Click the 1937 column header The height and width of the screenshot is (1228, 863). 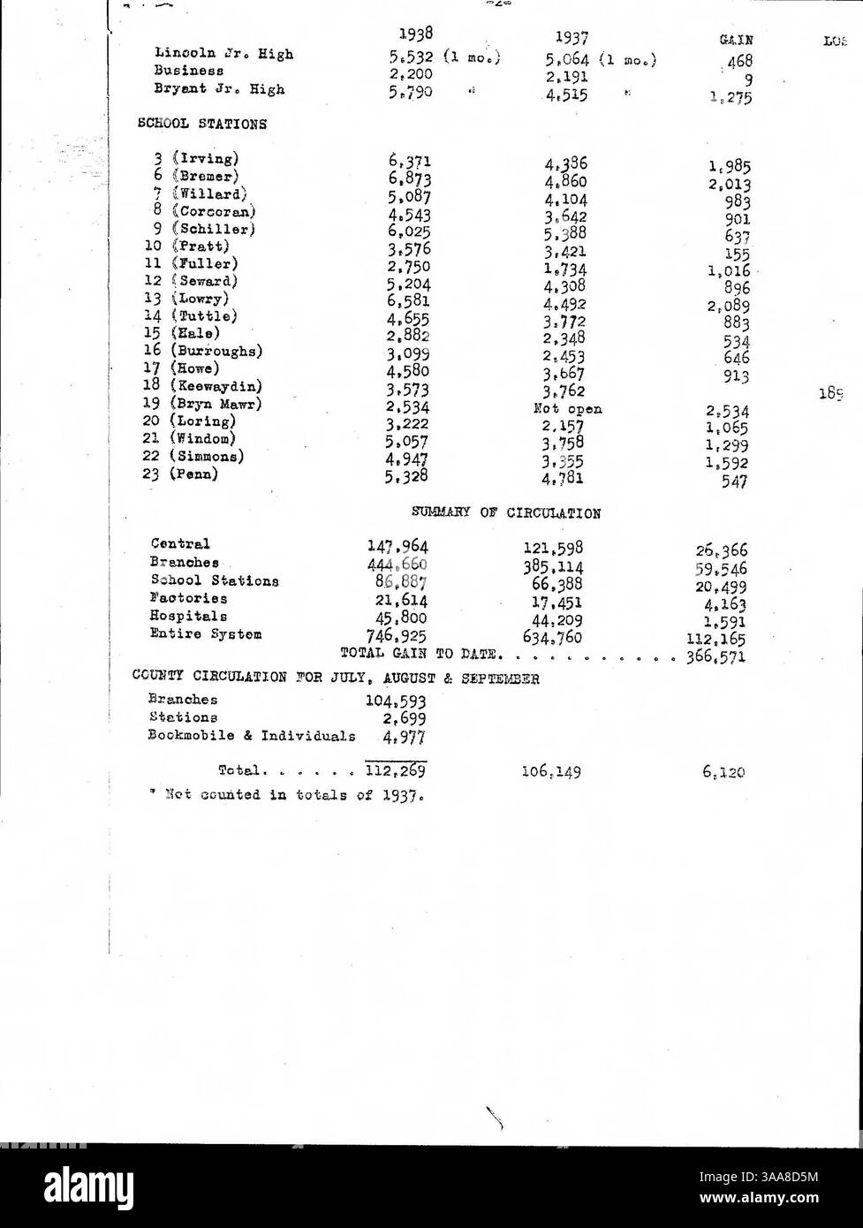tap(572, 38)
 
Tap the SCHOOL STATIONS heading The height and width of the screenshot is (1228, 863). tap(202, 125)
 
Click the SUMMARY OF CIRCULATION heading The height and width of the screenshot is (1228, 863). tap(506, 512)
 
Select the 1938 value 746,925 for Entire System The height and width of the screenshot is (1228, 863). tap(397, 634)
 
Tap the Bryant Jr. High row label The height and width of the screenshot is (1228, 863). tap(219, 89)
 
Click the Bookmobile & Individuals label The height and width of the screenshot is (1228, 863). tap(252, 735)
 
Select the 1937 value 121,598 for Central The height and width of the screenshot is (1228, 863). tap(553, 549)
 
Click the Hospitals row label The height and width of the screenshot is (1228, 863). tap(188, 616)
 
